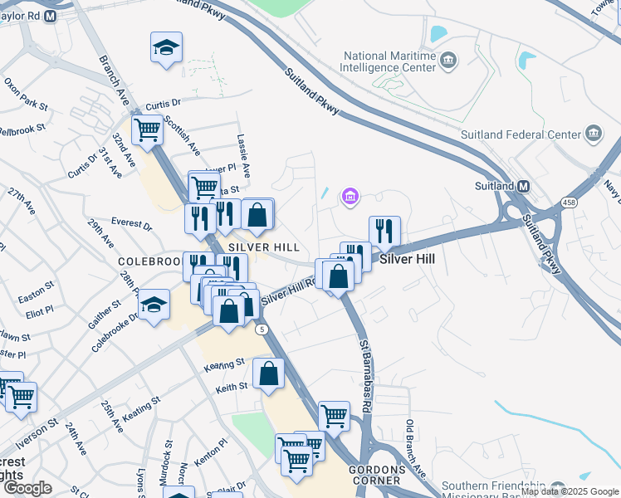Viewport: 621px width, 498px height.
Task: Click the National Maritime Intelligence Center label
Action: click(x=389, y=62)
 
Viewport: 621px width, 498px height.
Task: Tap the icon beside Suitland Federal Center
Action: click(x=594, y=134)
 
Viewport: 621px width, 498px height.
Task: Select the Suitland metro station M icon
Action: click(x=524, y=186)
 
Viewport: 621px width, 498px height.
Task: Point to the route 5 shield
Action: click(x=262, y=330)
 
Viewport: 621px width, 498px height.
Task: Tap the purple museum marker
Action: click(x=350, y=197)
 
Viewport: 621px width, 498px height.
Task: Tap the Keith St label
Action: click(x=232, y=387)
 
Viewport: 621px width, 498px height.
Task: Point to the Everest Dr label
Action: click(x=131, y=225)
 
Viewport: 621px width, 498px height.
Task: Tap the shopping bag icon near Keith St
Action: click(x=269, y=373)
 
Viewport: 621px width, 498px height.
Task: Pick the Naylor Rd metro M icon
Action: click(x=50, y=16)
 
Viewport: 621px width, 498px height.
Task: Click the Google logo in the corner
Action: click(x=27, y=487)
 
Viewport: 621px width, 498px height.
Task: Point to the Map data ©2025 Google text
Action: click(x=570, y=491)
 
